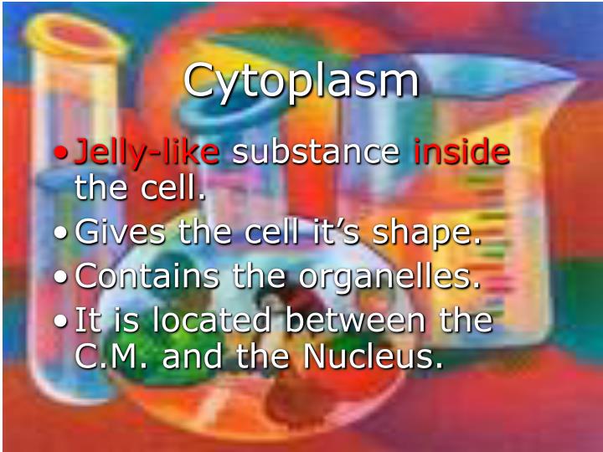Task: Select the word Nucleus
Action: (x=373, y=357)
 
